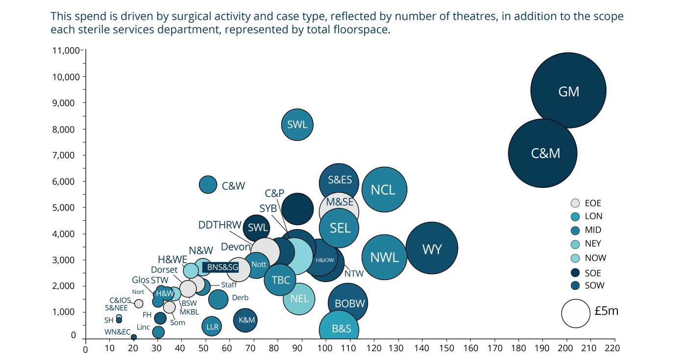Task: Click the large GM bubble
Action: (568, 91)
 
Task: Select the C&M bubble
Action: (543, 153)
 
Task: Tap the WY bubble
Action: (432, 249)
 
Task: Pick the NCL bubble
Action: (384, 190)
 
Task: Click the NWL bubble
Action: (384, 257)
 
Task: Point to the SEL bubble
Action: (340, 228)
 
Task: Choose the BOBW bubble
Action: (348, 303)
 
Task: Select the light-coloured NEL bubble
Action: (299, 299)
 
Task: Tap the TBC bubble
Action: (281, 280)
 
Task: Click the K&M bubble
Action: (246, 320)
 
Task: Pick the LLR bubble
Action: (212, 326)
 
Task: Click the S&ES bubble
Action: (340, 180)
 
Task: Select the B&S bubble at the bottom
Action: (341, 328)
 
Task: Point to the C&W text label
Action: (233, 186)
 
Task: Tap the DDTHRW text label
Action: (219, 225)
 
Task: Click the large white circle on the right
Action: (576, 313)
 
